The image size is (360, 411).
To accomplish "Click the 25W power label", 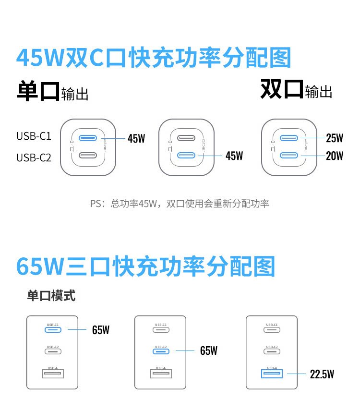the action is [335, 138].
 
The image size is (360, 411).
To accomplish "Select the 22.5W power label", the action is [322, 374].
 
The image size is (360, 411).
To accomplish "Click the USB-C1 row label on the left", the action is [34, 136].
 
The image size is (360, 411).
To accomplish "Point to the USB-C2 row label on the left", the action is [34, 157].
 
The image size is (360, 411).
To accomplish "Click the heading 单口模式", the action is [51, 295].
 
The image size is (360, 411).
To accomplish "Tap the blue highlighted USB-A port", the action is [272, 373].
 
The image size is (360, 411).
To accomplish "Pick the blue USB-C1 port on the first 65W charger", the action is [53, 330].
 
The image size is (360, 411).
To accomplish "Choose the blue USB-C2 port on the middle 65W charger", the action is [160, 351].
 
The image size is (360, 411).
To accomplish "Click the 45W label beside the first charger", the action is [136, 139].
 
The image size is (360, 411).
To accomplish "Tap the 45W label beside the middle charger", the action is [234, 156].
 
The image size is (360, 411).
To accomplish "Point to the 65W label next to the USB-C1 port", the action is [101, 330].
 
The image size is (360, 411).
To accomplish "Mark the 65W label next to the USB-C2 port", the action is [209, 351].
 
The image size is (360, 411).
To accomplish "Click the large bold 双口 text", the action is [282, 89].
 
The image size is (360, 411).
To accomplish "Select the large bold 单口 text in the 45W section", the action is [38, 91].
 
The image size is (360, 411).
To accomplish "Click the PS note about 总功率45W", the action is [180, 204].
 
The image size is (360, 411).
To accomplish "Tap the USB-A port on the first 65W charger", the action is [53, 373].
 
